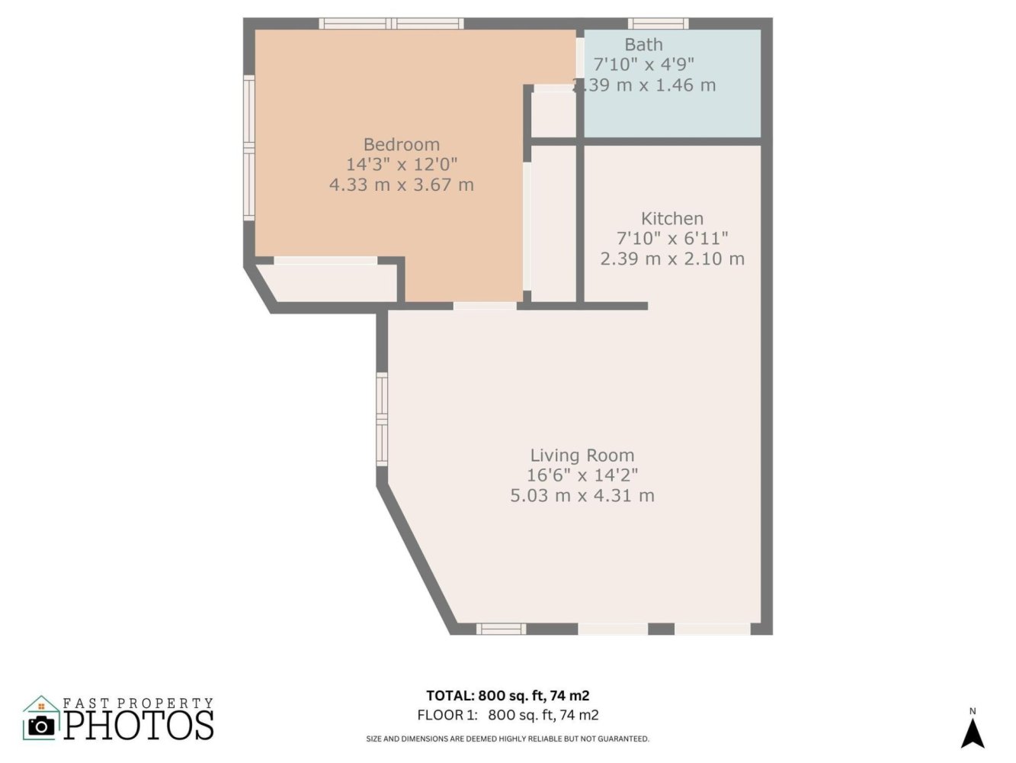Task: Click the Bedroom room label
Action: [x=402, y=144]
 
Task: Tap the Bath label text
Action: [x=643, y=44]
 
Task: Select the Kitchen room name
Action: [x=672, y=218]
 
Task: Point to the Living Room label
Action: [x=582, y=456]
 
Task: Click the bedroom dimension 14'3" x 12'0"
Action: [x=402, y=165]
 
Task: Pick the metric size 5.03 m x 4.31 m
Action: [x=582, y=496]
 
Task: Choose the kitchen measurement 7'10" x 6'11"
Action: [x=672, y=239]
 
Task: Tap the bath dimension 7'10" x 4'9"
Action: [x=643, y=64]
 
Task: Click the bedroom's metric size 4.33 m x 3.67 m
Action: [x=402, y=185]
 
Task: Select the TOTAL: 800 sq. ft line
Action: [x=508, y=696]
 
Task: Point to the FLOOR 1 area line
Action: [x=508, y=715]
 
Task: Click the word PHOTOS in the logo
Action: [x=139, y=725]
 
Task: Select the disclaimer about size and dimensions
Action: [x=508, y=739]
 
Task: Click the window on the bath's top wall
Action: [x=658, y=24]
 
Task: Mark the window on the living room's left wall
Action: [x=381, y=419]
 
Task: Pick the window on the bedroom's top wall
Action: [x=392, y=24]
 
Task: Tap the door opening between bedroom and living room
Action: [x=485, y=306]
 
